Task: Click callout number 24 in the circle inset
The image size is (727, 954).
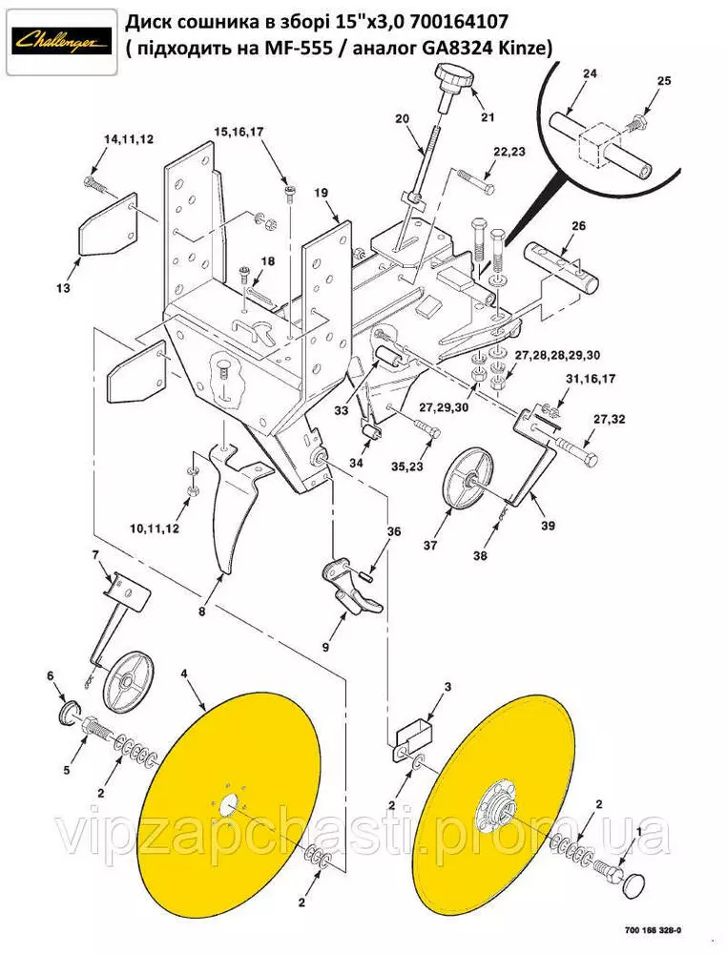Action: pyautogui.click(x=588, y=74)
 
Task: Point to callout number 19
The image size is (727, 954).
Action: pyautogui.click(x=321, y=193)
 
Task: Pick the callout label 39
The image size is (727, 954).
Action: pyautogui.click(x=548, y=525)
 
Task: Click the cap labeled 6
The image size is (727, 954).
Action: pyautogui.click(x=69, y=713)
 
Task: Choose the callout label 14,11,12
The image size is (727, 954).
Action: pyautogui.click(x=128, y=139)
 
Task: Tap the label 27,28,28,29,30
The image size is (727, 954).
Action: pyautogui.click(x=558, y=355)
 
